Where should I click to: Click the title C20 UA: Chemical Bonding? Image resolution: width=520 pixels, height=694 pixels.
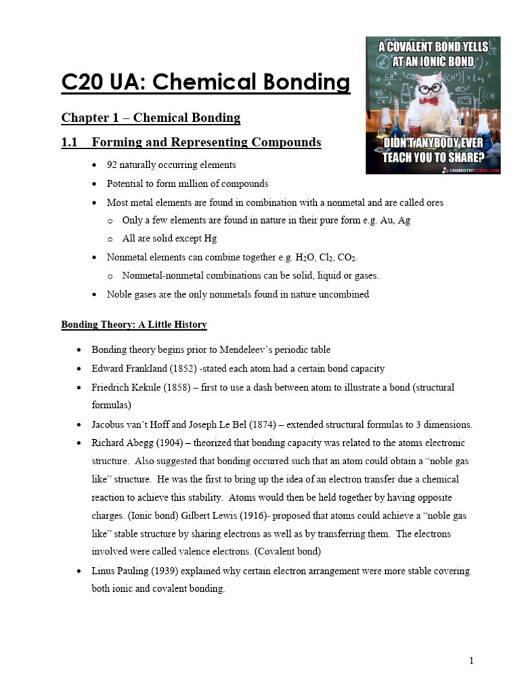click(206, 83)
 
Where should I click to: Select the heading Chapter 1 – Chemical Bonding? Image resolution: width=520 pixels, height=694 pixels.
click(150, 118)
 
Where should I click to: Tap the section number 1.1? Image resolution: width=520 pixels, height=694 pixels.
click(70, 142)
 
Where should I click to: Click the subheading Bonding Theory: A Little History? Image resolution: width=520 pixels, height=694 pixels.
click(134, 325)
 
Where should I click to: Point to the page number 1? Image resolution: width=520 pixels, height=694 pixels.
click(471, 661)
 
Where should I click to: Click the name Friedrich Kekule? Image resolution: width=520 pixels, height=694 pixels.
click(125, 387)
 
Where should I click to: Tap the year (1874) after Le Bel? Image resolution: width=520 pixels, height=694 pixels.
click(265, 424)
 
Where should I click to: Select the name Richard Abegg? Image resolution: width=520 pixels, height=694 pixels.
click(123, 443)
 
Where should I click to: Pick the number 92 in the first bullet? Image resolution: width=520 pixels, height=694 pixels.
click(112, 165)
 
